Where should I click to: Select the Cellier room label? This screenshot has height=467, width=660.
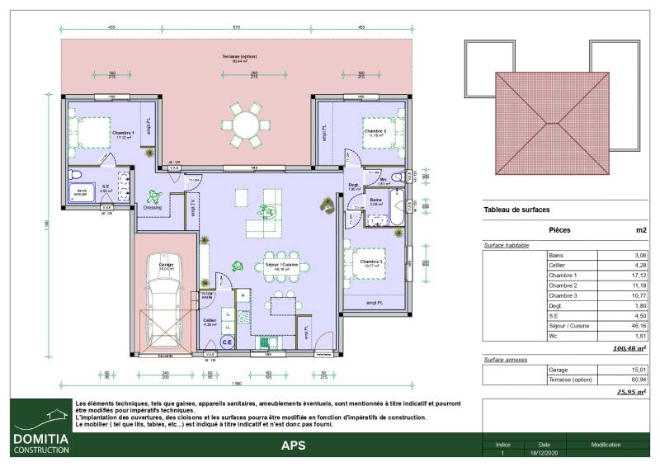(x=209, y=321)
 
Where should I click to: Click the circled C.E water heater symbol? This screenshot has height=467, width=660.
(x=227, y=341)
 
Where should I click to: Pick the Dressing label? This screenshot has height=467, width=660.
(x=153, y=208)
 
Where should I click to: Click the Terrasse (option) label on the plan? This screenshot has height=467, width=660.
(x=239, y=56)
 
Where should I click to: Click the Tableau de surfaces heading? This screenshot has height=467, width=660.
(x=516, y=210)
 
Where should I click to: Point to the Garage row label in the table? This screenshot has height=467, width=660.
(x=559, y=370)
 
